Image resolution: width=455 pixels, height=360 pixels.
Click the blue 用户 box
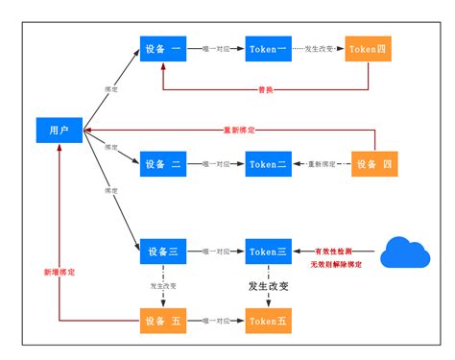[x=59, y=130]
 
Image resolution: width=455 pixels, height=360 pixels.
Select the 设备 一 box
[x=163, y=49]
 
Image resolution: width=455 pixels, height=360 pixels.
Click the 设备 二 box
[x=163, y=164]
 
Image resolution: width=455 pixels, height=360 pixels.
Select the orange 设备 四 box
[x=374, y=164]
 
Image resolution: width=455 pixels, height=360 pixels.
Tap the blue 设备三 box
[x=163, y=251]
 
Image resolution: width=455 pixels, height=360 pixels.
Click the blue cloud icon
[x=404, y=252]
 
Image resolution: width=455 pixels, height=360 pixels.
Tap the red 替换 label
[x=265, y=90]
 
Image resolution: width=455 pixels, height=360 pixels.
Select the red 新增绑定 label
[x=60, y=272]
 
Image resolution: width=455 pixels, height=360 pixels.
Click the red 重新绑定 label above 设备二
[x=238, y=130]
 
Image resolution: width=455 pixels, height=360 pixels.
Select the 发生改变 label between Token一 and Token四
[x=320, y=47]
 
